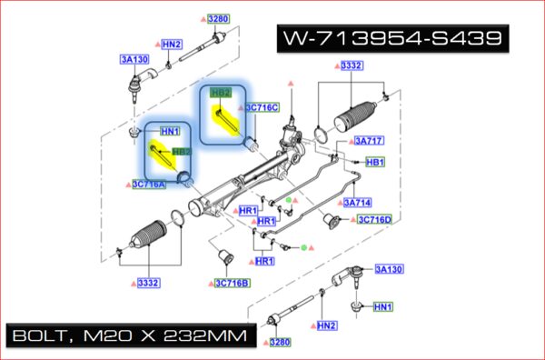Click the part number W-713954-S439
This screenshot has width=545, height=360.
[390, 39]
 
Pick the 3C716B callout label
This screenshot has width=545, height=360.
[232, 283]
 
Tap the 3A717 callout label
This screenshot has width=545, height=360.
[369, 141]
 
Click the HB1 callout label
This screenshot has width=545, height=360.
[374, 163]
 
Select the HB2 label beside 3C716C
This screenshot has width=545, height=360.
[220, 93]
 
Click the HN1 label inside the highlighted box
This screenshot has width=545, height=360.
[170, 131]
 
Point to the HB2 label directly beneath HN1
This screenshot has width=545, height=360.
[181, 152]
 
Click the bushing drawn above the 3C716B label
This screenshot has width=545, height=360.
[230, 254]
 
